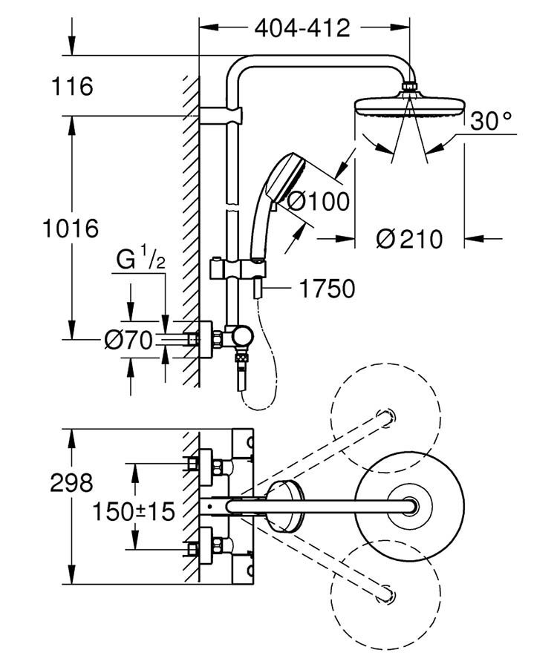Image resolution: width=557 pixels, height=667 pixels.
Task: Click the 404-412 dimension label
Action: click(302, 28)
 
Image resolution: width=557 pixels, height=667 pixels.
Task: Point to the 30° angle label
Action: click(491, 121)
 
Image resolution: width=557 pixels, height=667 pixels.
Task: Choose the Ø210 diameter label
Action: click(409, 239)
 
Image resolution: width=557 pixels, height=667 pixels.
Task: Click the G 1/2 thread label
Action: click(140, 262)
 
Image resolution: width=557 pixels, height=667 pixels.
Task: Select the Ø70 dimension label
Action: click(127, 341)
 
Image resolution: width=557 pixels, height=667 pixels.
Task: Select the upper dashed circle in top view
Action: click(385, 415)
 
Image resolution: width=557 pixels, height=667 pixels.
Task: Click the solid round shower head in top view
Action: click(408, 507)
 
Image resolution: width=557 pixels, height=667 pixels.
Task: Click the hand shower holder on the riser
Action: click(236, 268)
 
